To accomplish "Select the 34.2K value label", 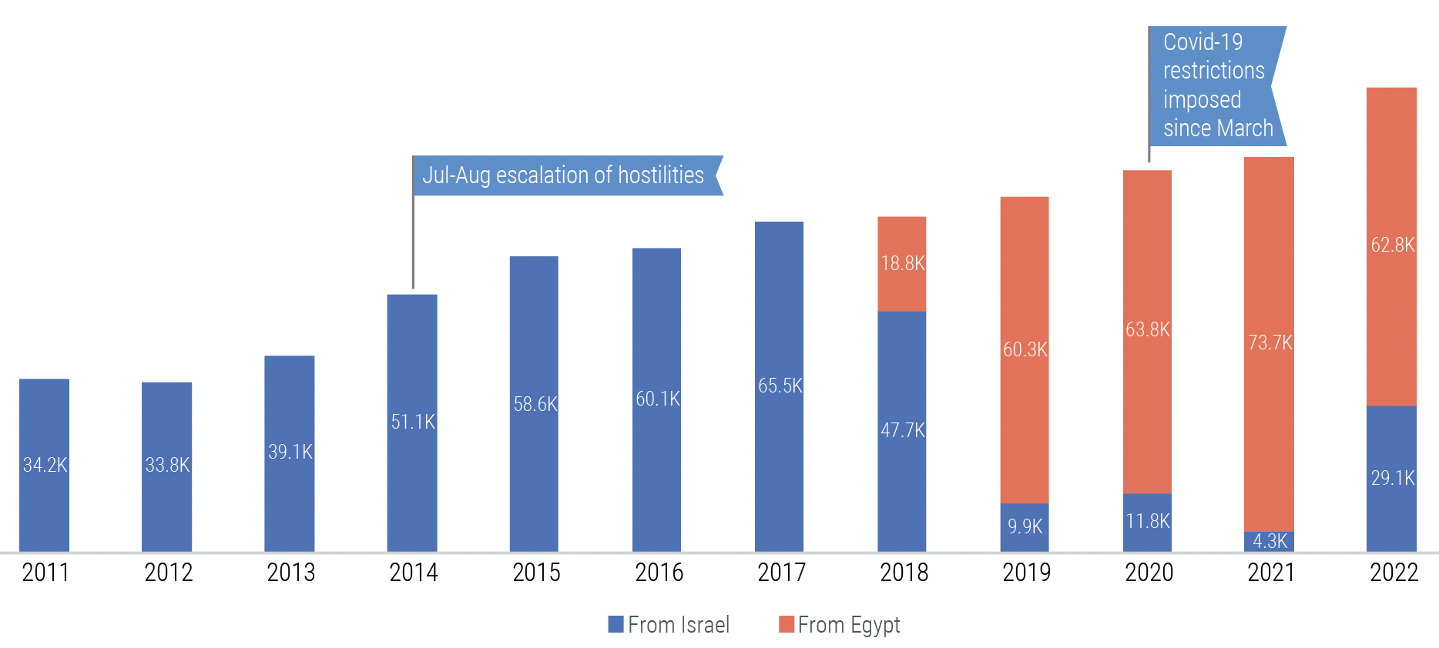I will point(45,465).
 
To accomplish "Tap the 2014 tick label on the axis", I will point(414,573).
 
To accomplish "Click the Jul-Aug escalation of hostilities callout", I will point(563,175).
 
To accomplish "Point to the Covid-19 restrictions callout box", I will point(1216,85).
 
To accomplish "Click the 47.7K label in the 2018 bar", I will point(902,430).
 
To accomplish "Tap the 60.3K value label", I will point(1025,349).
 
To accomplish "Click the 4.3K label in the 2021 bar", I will point(1270,541).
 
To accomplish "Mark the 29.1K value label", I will point(1392,478).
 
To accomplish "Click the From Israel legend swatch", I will point(616,624).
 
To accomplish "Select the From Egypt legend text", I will point(848,625).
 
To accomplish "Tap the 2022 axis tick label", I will point(1394,573).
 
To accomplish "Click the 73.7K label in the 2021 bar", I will point(1270,342).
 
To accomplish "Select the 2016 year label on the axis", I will point(659,573).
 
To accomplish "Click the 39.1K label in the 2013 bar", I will point(290,452).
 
